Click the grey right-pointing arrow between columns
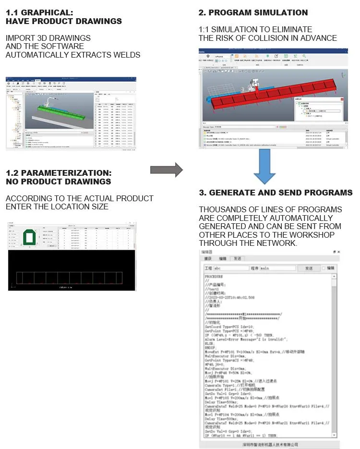pyautogui.click(x=166, y=170)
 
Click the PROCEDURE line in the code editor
pyautogui.click(x=214, y=277)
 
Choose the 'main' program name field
pyautogui.click(x=277, y=268)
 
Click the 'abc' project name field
pyautogui.click(x=230, y=268)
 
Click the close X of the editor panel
pyautogui.click(x=338, y=252)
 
